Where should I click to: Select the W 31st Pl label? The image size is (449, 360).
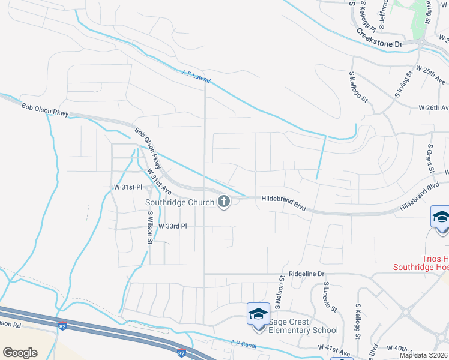pyautogui.click(x=127, y=187)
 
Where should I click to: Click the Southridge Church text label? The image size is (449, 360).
pyautogui.click(x=179, y=202)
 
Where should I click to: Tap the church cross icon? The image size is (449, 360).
pyautogui.click(x=224, y=202)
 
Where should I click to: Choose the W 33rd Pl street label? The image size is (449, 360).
pyautogui.click(x=173, y=226)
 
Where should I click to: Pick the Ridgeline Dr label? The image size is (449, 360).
pyautogui.click(x=306, y=273)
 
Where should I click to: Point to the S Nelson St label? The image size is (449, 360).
pyautogui.click(x=279, y=294)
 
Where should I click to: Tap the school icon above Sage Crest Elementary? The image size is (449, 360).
pyautogui.click(x=259, y=314)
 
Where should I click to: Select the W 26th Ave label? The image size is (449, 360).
pyautogui.click(x=433, y=108)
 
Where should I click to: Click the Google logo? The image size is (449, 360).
pyautogui.click(x=20, y=353)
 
